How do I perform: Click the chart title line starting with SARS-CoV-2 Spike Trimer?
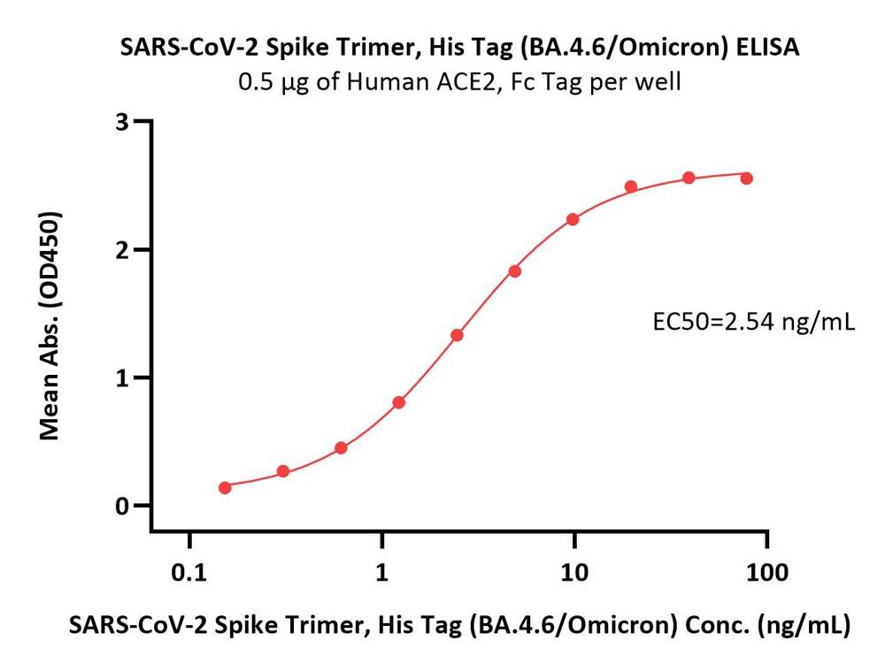tap(459, 49)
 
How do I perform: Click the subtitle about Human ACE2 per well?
tap(459, 83)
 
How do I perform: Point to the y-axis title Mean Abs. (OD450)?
tap(50, 326)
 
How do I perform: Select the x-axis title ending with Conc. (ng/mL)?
tap(459, 626)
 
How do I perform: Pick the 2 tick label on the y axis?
tap(122, 249)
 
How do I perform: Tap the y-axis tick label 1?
tap(122, 377)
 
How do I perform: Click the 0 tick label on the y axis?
tap(122, 506)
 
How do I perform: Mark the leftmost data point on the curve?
tap(225, 487)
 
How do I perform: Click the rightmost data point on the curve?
tap(746, 178)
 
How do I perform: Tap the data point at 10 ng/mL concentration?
tap(573, 219)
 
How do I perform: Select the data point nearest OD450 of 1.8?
tap(515, 271)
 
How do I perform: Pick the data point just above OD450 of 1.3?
tap(457, 335)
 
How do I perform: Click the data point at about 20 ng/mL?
tap(631, 187)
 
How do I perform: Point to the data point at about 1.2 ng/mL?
tap(399, 402)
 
